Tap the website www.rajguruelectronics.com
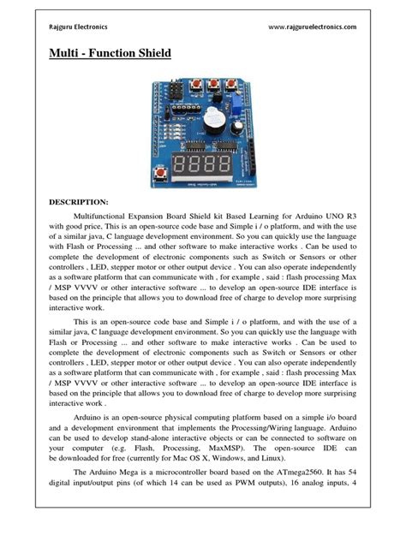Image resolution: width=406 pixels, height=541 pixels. (312, 27)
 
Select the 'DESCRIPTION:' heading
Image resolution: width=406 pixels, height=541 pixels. (84, 204)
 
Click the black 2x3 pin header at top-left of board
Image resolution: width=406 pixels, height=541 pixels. (175, 88)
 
